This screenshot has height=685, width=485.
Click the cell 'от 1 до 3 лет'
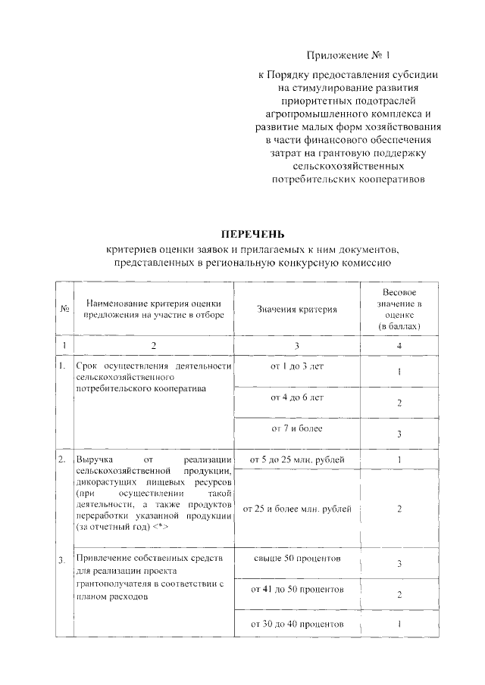296,366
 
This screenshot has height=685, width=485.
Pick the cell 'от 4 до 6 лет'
296,397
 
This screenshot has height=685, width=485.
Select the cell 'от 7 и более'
296,428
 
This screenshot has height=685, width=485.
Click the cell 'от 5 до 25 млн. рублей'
296,459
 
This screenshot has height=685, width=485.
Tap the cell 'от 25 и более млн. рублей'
296,509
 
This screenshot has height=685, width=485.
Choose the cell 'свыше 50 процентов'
296,558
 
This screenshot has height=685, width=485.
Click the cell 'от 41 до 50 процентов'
296,589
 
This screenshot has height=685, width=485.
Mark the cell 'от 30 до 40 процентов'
296,624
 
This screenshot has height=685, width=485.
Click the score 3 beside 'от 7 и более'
399,434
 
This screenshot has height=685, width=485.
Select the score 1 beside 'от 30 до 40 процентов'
399,624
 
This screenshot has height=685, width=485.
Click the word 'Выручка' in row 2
92,460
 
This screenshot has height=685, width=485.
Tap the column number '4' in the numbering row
399,345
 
